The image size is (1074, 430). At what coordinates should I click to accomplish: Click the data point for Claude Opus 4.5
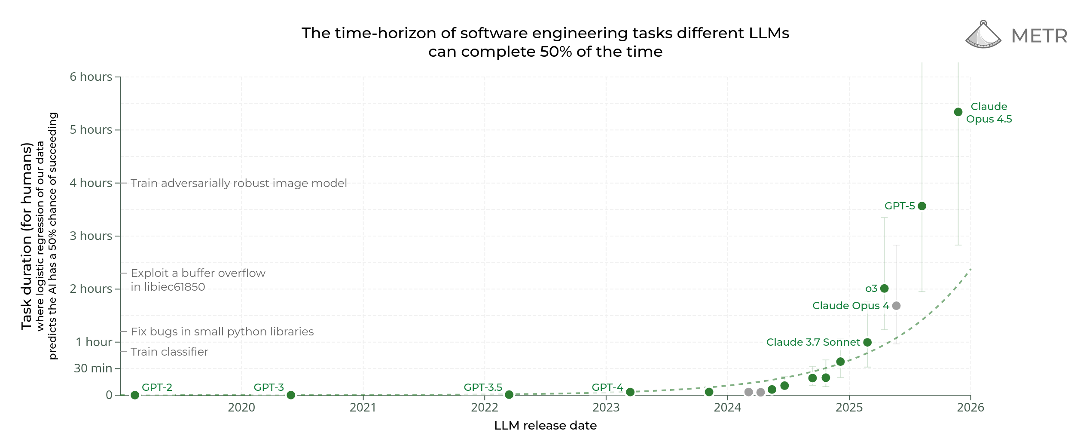(958, 112)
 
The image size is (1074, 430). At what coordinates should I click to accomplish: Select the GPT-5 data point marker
(922, 206)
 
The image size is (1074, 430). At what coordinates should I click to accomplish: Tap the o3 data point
(884, 288)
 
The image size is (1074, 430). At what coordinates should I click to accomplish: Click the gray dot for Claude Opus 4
(896, 306)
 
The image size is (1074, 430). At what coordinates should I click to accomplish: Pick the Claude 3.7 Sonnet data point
(867, 342)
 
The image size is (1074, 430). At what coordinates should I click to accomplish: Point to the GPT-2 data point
(135, 395)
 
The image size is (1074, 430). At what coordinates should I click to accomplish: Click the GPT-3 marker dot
(291, 395)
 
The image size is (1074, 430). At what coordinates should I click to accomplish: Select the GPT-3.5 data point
(509, 394)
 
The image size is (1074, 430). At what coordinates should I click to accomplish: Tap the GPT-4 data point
(630, 392)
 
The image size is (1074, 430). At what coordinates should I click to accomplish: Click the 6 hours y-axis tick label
(91, 77)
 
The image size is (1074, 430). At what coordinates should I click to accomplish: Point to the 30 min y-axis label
(93, 369)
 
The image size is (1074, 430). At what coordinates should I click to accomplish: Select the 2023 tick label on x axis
(606, 408)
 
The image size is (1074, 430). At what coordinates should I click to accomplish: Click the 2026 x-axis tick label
(970, 408)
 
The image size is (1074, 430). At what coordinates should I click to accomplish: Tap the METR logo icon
(983, 35)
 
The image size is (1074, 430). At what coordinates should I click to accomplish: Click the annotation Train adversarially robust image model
(238, 183)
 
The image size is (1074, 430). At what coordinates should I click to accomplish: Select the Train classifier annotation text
(169, 352)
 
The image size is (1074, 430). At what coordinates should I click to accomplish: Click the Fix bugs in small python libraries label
(222, 332)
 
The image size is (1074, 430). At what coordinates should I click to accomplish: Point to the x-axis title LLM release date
(545, 425)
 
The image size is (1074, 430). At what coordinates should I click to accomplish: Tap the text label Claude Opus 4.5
(989, 113)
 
